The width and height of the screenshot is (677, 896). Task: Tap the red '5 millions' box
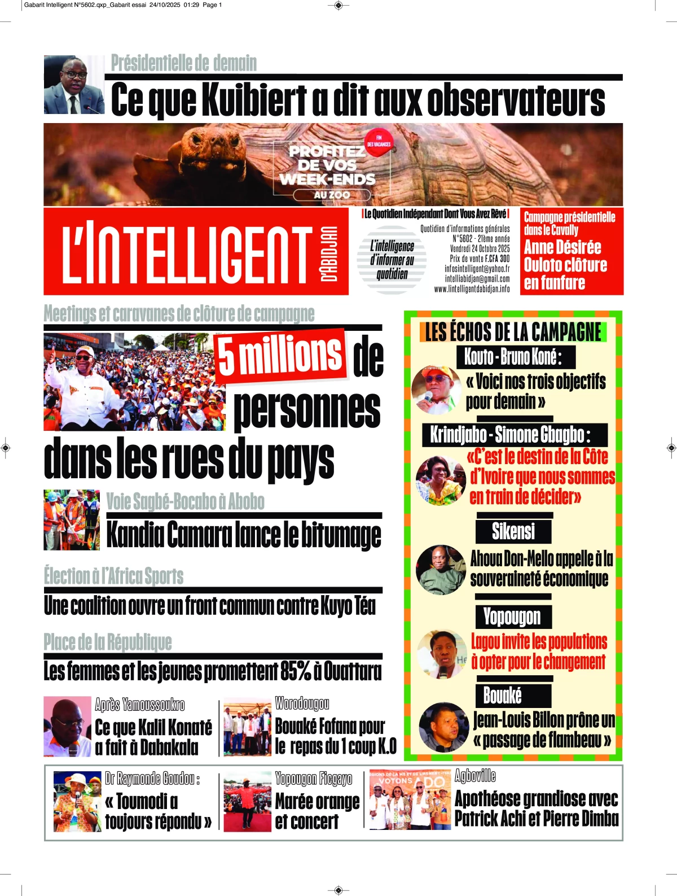[280, 356]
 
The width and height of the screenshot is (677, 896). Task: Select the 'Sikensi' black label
[513, 531]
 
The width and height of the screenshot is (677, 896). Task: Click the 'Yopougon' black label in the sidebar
[512, 617]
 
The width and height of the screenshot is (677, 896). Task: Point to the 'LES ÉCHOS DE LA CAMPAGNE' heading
[513, 332]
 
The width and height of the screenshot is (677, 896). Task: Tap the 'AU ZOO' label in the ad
[332, 195]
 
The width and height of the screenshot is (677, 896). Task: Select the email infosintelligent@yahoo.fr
[477, 269]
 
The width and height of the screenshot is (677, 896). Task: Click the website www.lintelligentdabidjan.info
[472, 289]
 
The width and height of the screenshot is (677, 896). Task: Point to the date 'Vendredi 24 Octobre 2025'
[480, 248]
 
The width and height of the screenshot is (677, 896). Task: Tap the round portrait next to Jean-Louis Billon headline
[443, 727]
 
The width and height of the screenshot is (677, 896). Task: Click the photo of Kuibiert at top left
[74, 85]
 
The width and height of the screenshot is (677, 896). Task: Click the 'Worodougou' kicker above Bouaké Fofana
[302, 703]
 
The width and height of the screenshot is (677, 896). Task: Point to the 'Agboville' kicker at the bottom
[475, 776]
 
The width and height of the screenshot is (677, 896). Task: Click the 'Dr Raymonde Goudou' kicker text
[152, 779]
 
